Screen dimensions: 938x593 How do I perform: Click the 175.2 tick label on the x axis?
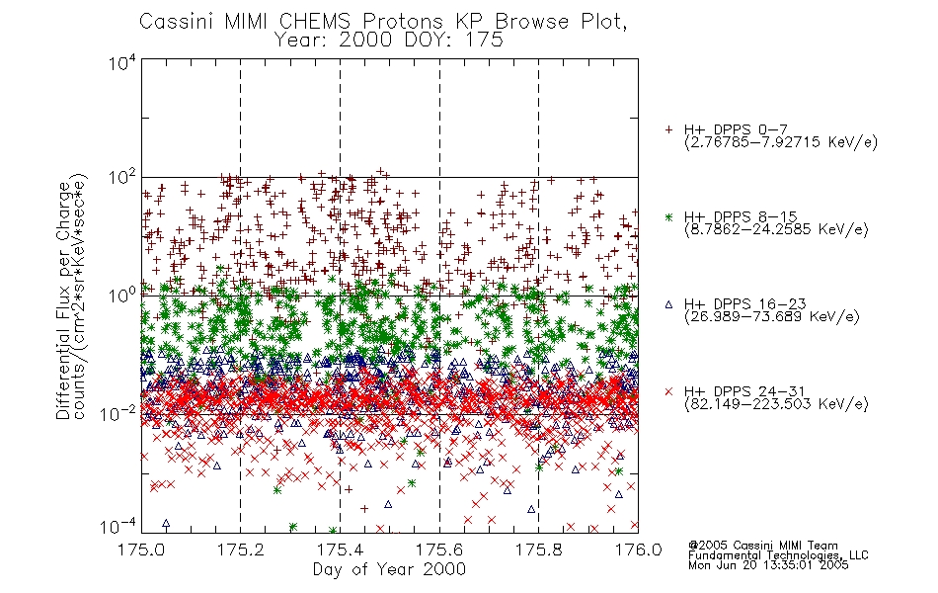[241, 550]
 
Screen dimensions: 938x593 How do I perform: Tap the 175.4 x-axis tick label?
[340, 550]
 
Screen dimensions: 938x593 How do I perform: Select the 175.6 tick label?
[439, 550]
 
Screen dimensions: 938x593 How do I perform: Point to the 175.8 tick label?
[539, 550]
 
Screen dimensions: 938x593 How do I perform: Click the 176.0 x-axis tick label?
[638, 550]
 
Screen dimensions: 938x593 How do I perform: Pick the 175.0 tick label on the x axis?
[141, 550]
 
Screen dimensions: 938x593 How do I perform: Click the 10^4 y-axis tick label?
[122, 63]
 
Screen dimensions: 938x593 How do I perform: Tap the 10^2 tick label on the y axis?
[122, 179]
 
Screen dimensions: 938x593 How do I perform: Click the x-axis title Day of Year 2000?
[389, 569]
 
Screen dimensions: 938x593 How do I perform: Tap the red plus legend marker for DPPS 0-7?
[668, 129]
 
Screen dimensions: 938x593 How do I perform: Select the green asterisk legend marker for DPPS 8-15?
[668, 216]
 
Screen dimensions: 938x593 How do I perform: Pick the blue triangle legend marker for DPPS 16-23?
[668, 304]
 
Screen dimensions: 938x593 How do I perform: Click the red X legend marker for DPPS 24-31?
[668, 391]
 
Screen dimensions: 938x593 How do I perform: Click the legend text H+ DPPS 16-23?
[744, 303]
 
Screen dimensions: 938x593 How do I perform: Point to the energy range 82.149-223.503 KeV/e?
[776, 403]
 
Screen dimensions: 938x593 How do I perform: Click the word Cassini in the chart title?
[179, 22]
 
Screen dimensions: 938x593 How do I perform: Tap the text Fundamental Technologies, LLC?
[778, 555]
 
